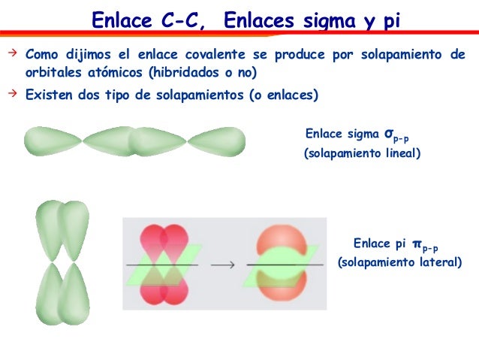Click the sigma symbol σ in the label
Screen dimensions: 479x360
388,134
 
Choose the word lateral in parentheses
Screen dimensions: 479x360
435,262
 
